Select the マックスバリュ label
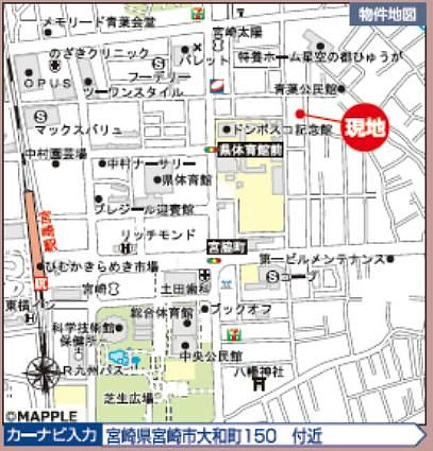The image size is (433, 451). click(x=78, y=130)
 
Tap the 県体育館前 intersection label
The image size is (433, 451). click(x=249, y=148)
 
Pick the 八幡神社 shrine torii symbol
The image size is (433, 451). click(x=260, y=382)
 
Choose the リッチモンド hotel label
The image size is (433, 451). click(x=158, y=235)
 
